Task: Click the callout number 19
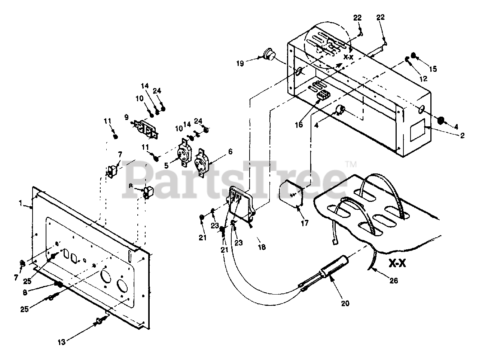[x=240, y=64]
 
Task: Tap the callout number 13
[x=62, y=342]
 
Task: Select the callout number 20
[x=345, y=303]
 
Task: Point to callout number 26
[x=394, y=280]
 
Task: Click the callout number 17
[x=305, y=223]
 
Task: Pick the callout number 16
[x=299, y=124]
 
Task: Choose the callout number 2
[x=462, y=136]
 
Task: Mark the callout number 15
[x=433, y=69]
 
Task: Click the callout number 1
[x=21, y=203]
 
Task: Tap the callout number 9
[x=126, y=117]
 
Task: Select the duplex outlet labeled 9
[x=146, y=130]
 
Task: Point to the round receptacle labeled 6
[x=202, y=162]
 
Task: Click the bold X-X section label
[x=397, y=263]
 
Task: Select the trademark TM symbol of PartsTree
[x=351, y=164]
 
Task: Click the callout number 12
[x=423, y=79]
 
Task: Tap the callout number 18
[x=262, y=247]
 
